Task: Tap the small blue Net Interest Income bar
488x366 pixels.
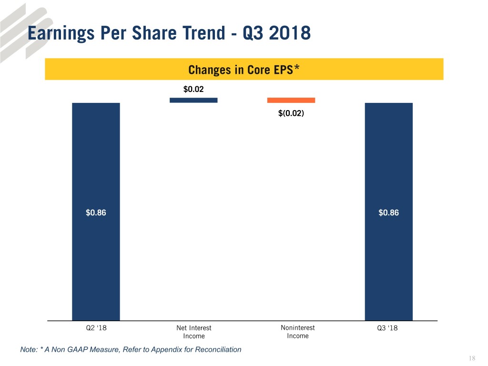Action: coord(193,100)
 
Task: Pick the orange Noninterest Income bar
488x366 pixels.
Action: coord(291,100)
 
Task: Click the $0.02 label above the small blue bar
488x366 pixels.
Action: coord(193,89)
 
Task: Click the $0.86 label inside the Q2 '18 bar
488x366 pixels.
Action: coord(96,213)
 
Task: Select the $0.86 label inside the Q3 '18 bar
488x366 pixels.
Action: coord(388,213)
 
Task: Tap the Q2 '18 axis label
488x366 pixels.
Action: coord(96,328)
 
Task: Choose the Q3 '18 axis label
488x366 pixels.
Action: coord(388,328)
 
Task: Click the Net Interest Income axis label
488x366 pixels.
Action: coord(193,332)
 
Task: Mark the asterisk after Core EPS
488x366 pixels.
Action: coord(296,69)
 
